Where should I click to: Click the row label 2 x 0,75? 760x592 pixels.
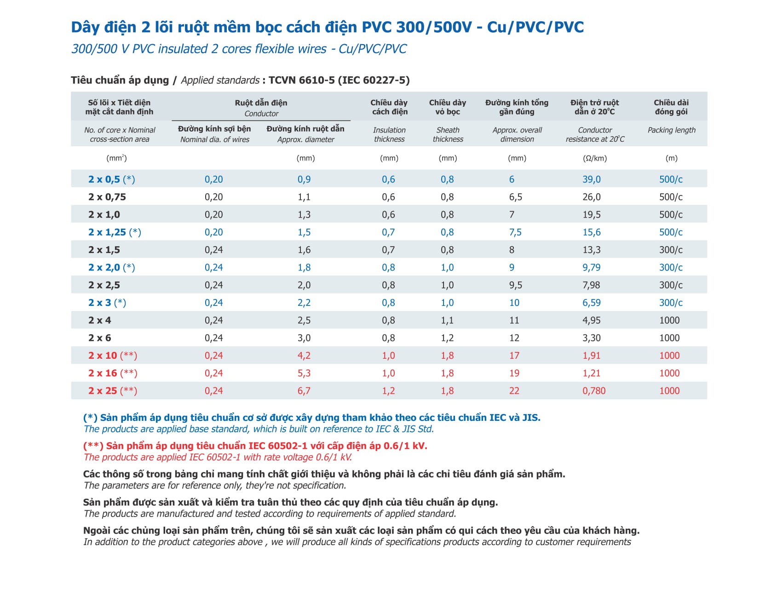coord(107,197)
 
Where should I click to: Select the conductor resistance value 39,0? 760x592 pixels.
coord(591,179)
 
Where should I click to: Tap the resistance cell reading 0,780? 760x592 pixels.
coord(594,391)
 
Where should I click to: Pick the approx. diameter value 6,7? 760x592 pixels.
coord(304,391)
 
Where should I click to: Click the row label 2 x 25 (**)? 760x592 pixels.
coord(113,391)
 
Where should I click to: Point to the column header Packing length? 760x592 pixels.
coord(671,130)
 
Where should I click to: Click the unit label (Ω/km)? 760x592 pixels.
coord(594,158)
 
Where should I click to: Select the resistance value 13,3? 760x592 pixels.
coord(591,250)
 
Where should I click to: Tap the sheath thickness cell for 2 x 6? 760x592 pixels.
coord(447,338)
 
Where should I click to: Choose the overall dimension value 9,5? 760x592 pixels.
coord(515,285)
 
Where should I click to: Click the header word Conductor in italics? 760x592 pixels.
coord(261,114)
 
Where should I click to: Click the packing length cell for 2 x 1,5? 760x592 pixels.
coord(671,250)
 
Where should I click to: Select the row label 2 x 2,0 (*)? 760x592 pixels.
coord(111,268)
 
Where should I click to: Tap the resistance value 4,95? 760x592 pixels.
coord(591,321)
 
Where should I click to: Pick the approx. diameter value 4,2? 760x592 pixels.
coord(304,356)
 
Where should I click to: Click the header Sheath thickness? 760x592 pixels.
coord(448,135)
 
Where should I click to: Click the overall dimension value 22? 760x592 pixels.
coord(514,391)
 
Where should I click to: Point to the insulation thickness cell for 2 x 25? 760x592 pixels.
coord(388,391)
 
